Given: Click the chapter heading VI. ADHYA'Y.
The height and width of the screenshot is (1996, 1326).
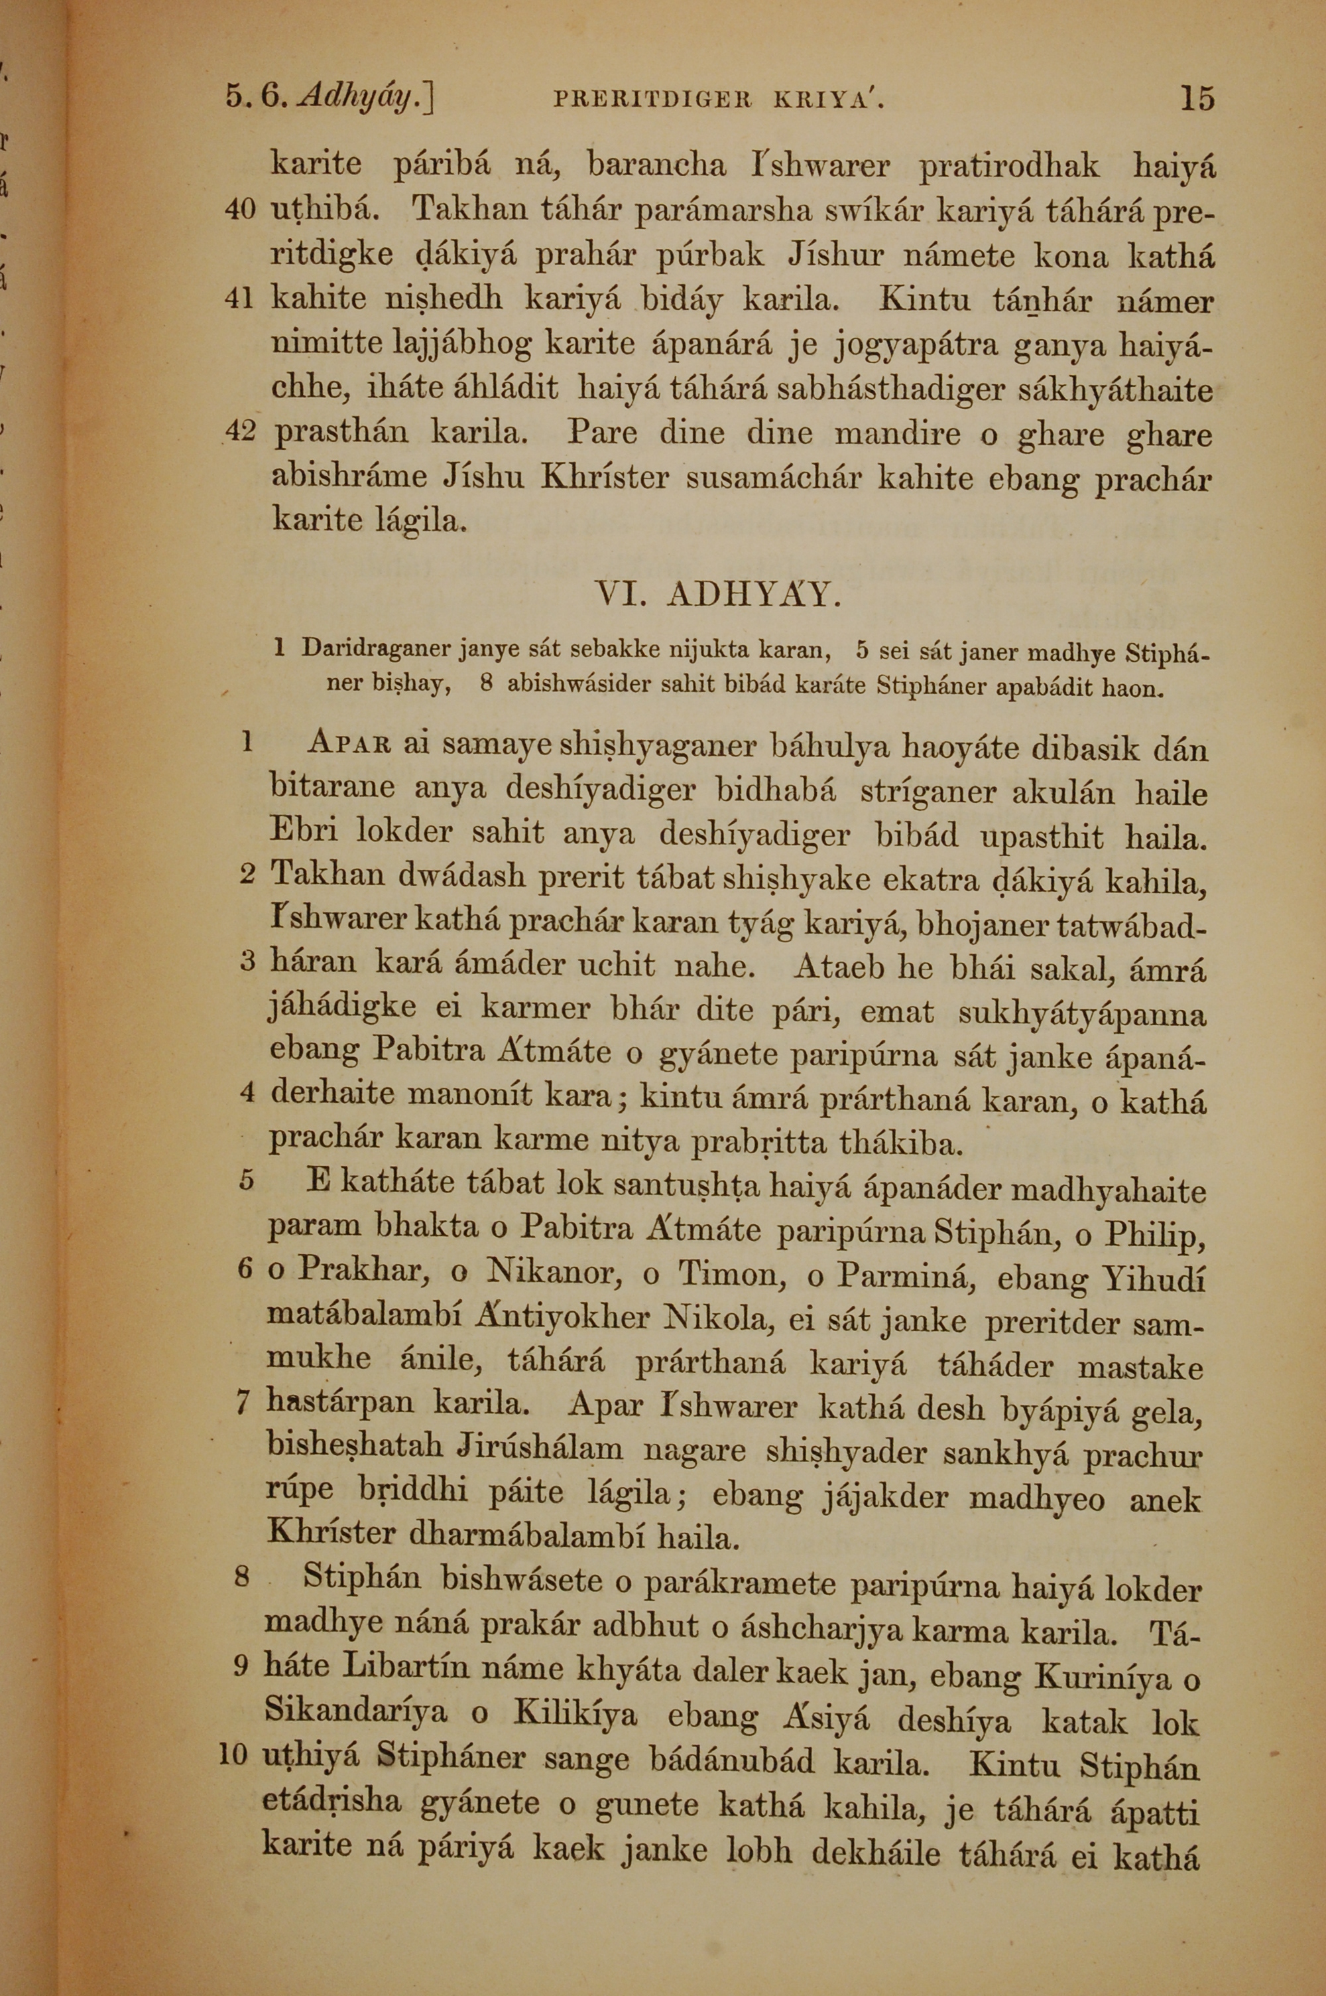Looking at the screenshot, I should pos(718,596).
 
